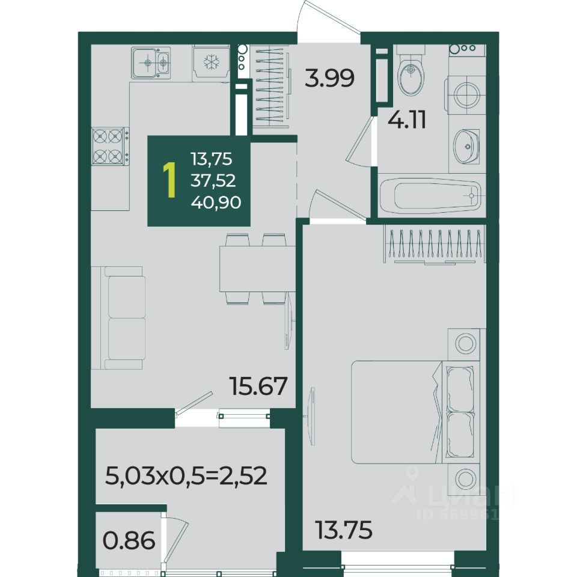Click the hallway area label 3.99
329,78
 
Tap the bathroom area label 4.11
407,120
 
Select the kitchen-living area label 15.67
258,386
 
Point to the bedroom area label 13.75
344,530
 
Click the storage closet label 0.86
129,540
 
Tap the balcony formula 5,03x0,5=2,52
186,476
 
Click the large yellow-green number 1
169,180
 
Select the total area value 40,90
216,203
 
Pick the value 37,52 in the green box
213,181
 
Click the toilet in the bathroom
411,71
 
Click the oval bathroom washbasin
466,147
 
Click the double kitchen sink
151,63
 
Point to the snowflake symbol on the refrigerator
212,62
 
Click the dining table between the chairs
257,269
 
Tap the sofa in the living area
118,318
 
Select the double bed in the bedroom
416,412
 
